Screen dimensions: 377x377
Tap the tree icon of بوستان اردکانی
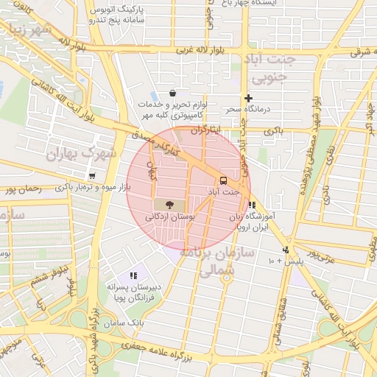point(170,205)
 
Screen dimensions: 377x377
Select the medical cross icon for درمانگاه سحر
point(249,98)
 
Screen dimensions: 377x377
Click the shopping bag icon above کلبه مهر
point(172,94)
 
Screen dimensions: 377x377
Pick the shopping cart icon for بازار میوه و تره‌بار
point(92,176)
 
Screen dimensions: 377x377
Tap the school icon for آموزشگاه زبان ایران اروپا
point(253,205)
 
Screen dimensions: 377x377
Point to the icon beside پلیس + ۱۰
point(286,250)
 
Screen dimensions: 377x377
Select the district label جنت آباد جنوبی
point(273,67)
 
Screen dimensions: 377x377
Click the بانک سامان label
point(122,323)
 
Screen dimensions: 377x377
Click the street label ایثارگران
point(206,129)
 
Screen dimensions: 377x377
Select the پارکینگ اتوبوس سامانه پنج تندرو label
point(118,15)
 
